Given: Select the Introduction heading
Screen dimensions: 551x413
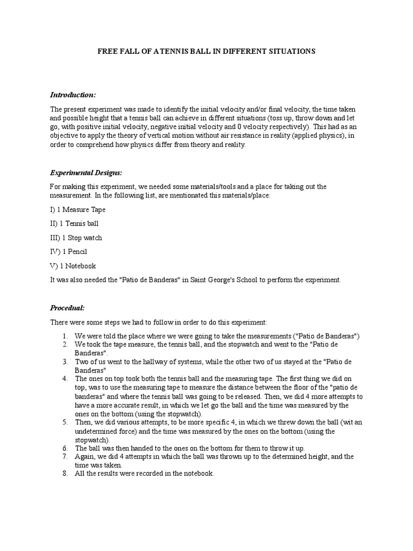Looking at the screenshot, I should (73, 95).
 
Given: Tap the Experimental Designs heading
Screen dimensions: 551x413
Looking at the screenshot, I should (86, 172).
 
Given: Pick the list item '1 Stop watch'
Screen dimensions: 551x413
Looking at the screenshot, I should (81, 237).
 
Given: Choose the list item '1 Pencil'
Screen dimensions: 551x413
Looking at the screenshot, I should (74, 251).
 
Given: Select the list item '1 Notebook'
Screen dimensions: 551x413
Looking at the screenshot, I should (78, 266).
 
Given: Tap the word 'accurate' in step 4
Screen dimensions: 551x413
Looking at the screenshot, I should (124, 397).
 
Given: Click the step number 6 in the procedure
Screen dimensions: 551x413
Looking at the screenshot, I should (65, 448).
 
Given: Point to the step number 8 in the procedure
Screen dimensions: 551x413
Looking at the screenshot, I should (65, 474).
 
